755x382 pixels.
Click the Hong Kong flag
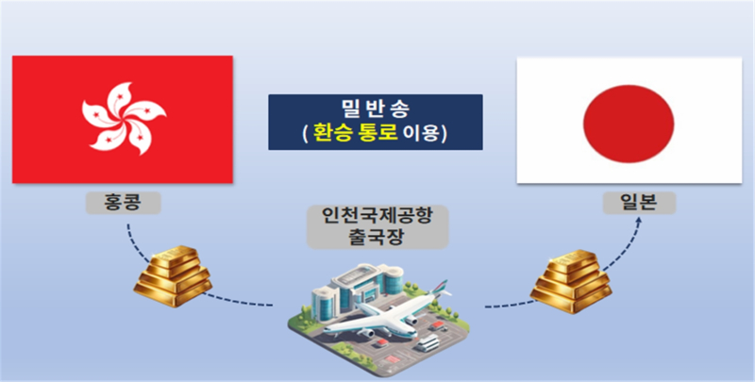click(123, 119)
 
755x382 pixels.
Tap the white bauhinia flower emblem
click(124, 119)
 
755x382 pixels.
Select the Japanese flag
click(629, 121)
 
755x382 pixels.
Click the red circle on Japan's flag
click(629, 124)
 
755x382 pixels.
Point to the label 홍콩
click(124, 203)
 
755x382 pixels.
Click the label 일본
click(639, 203)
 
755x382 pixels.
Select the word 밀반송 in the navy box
click(375, 109)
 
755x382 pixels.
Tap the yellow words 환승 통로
click(356, 133)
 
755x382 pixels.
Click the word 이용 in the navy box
click(421, 133)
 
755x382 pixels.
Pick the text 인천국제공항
click(377, 216)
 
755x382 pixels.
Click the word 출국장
click(377, 238)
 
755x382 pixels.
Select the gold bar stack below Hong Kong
click(173, 276)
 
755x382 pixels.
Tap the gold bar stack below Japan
click(571, 282)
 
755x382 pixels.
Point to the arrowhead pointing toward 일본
click(638, 221)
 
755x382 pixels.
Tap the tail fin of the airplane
click(439, 288)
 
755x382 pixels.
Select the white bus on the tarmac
click(428, 343)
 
